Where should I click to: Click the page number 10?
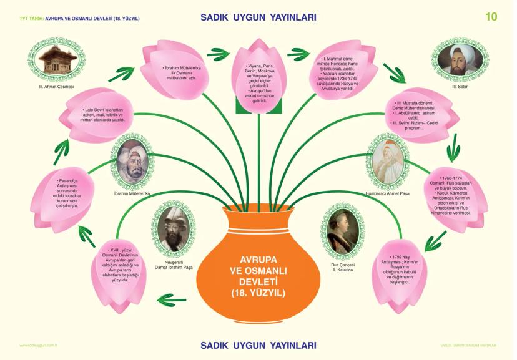[x=491, y=17]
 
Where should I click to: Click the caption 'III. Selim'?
[x=462, y=86]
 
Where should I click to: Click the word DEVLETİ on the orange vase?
[x=257, y=281]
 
